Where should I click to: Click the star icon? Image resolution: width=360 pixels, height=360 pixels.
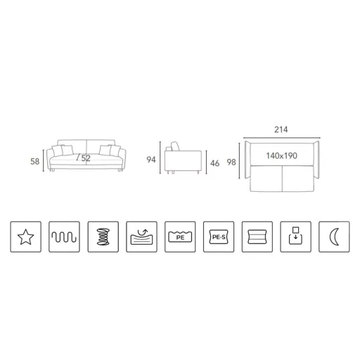26,237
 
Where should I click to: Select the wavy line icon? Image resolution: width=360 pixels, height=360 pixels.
64,237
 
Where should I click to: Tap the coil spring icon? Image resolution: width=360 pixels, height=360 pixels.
103,237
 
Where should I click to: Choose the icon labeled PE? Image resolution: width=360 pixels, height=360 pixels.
180,237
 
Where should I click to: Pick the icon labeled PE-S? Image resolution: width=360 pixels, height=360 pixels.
219,237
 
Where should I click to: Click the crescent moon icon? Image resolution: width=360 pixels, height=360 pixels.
334,237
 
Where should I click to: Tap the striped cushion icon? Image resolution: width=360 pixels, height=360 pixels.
257,237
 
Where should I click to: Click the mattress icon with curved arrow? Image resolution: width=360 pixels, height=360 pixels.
141,237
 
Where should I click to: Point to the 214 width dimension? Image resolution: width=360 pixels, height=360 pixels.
281,129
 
